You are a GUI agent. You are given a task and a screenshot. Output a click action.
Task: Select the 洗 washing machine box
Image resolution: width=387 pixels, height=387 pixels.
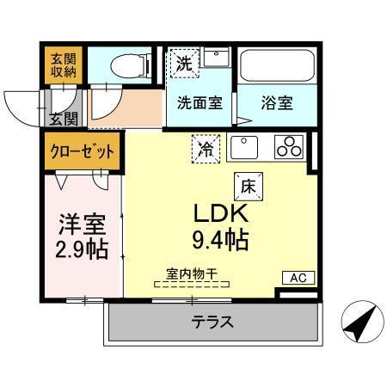coord(183,62)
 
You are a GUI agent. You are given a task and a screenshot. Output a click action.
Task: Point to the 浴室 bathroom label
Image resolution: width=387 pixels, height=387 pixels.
coord(277,102)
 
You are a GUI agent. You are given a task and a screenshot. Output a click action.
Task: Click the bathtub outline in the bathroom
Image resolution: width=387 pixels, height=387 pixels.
coord(276,64)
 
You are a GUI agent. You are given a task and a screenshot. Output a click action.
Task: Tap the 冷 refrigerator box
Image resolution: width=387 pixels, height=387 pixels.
coord(206,149)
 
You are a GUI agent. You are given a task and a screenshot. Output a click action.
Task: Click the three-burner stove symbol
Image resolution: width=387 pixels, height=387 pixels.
coord(290,147)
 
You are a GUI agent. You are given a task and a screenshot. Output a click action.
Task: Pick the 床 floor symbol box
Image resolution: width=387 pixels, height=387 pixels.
coord(246,184)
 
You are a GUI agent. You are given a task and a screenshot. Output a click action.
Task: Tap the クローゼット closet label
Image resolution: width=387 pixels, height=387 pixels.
coord(82,150)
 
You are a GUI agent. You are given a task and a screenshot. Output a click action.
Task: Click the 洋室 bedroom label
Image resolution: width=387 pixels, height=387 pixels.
coord(82,225)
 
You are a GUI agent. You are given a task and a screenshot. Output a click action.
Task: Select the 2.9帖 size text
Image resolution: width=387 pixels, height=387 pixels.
coord(82,251)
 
